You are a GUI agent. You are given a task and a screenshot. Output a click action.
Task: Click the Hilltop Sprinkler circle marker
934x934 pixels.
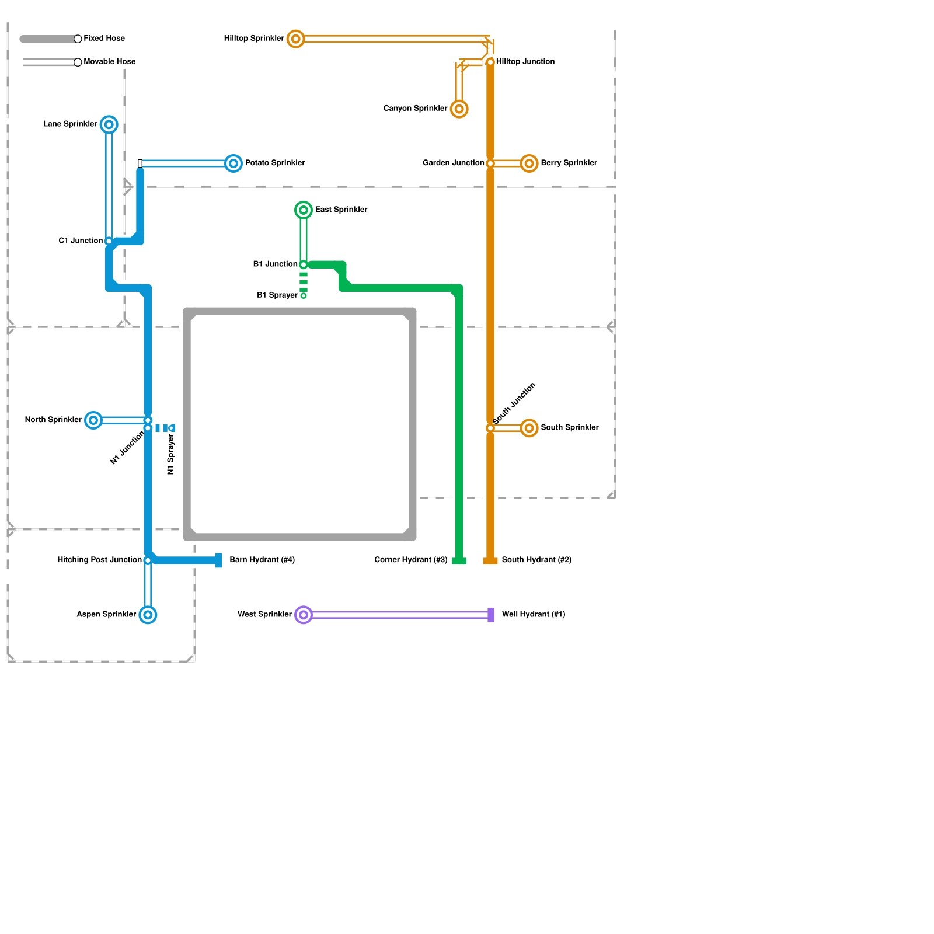(296, 39)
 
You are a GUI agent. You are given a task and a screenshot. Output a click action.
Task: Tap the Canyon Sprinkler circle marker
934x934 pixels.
(459, 109)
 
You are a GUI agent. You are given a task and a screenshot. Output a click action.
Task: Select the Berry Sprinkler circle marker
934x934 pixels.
(529, 163)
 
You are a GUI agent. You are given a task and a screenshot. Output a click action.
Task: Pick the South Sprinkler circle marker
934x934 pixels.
(529, 428)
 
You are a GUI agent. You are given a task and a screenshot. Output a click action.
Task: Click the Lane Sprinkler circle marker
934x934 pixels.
(109, 124)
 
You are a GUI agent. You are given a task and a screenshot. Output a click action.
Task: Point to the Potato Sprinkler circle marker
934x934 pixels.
(233, 163)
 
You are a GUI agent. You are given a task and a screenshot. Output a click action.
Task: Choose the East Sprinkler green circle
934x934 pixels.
(304, 210)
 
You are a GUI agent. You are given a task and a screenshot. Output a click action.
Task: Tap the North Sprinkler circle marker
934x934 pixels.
(93, 420)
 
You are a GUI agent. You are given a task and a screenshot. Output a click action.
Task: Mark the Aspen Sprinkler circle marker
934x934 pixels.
(148, 615)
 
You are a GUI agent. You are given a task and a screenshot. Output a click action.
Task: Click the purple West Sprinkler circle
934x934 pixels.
(304, 615)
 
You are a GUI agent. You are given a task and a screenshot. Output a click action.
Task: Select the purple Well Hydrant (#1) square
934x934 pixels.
(491, 615)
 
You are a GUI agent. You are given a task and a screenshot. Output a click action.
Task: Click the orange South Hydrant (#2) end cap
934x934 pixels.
(490, 561)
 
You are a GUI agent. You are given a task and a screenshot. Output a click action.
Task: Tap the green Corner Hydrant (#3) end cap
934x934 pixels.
(459, 561)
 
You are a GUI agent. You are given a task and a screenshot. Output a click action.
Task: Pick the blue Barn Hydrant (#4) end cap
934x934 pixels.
(218, 560)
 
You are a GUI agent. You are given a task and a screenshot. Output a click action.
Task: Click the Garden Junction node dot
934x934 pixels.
(490, 163)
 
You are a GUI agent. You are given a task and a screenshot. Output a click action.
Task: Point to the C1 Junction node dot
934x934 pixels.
(109, 241)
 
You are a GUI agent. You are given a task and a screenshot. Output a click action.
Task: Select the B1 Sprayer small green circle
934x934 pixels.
(304, 296)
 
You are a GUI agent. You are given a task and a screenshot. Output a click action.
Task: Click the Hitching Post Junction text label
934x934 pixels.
(99, 560)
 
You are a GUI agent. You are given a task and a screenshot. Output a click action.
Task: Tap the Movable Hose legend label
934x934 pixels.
(110, 62)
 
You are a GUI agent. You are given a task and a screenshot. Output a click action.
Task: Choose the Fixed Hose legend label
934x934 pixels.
(104, 39)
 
